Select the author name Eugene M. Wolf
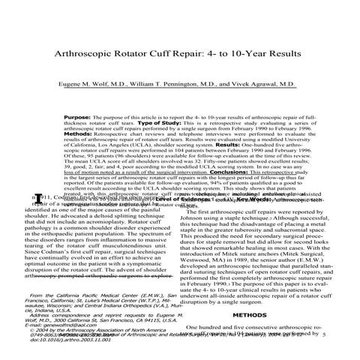click(x=95, y=107)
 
